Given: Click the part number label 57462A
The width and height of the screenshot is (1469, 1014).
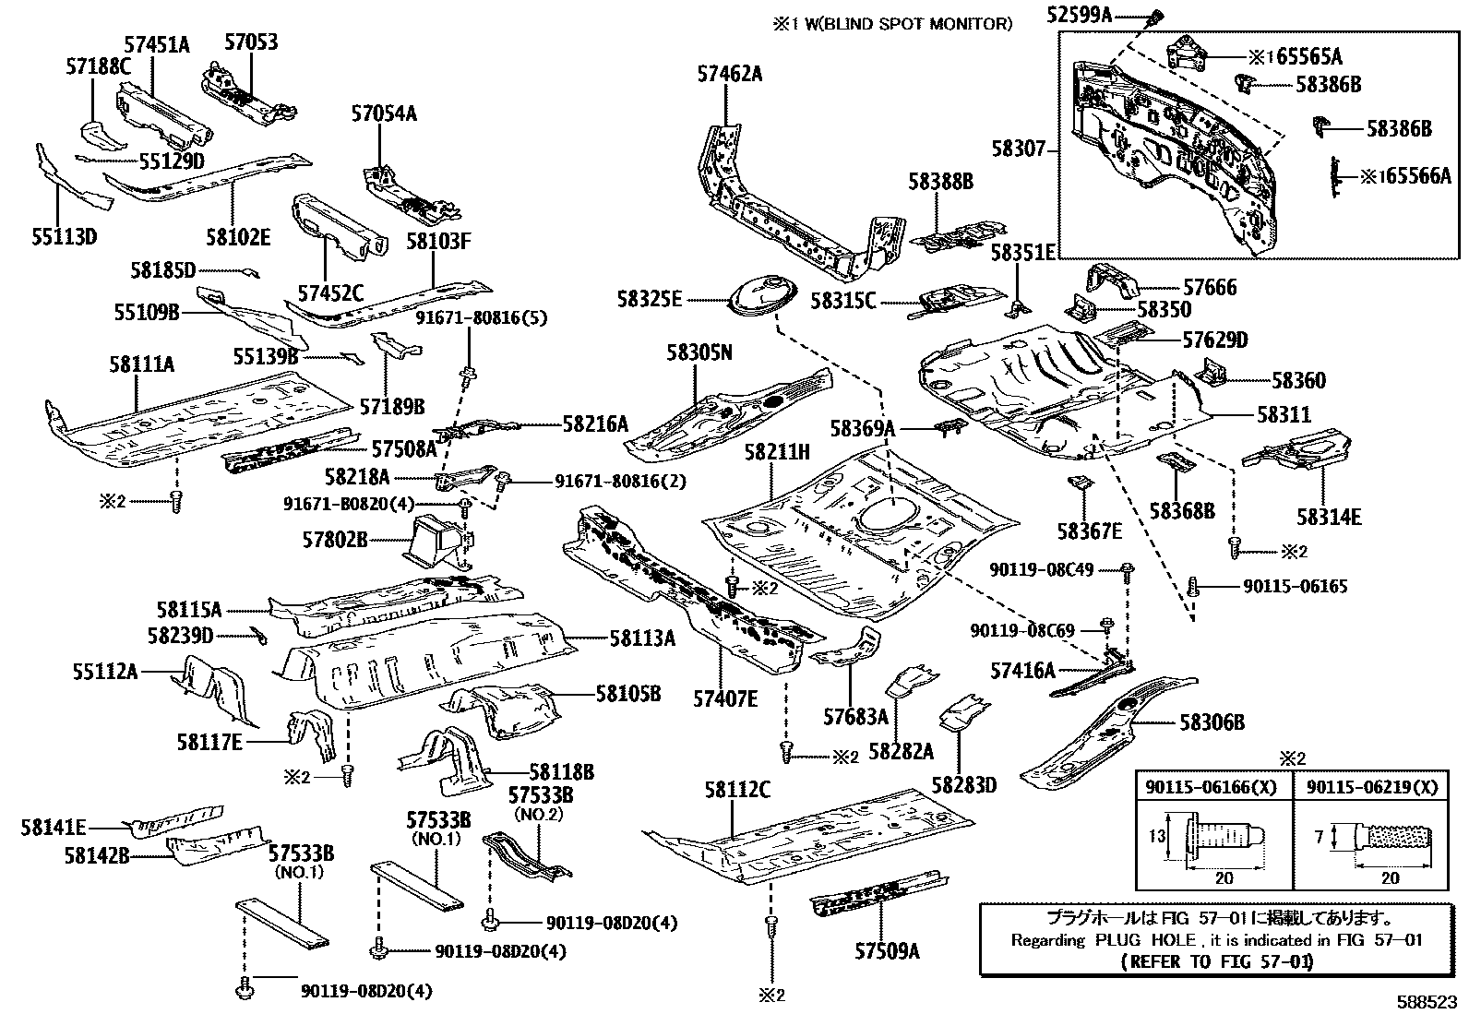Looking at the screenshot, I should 729,75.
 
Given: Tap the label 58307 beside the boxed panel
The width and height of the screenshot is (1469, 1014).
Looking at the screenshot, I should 1019,148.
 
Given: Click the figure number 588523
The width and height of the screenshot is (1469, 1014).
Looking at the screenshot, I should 1427,1000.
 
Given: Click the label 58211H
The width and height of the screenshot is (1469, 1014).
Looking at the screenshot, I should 777,452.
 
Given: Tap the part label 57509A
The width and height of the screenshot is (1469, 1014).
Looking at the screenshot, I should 887,951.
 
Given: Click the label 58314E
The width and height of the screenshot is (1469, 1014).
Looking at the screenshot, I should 1328,518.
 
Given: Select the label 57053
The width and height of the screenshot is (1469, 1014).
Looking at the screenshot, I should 251,42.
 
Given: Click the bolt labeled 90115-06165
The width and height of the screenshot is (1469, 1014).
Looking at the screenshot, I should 1193,586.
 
